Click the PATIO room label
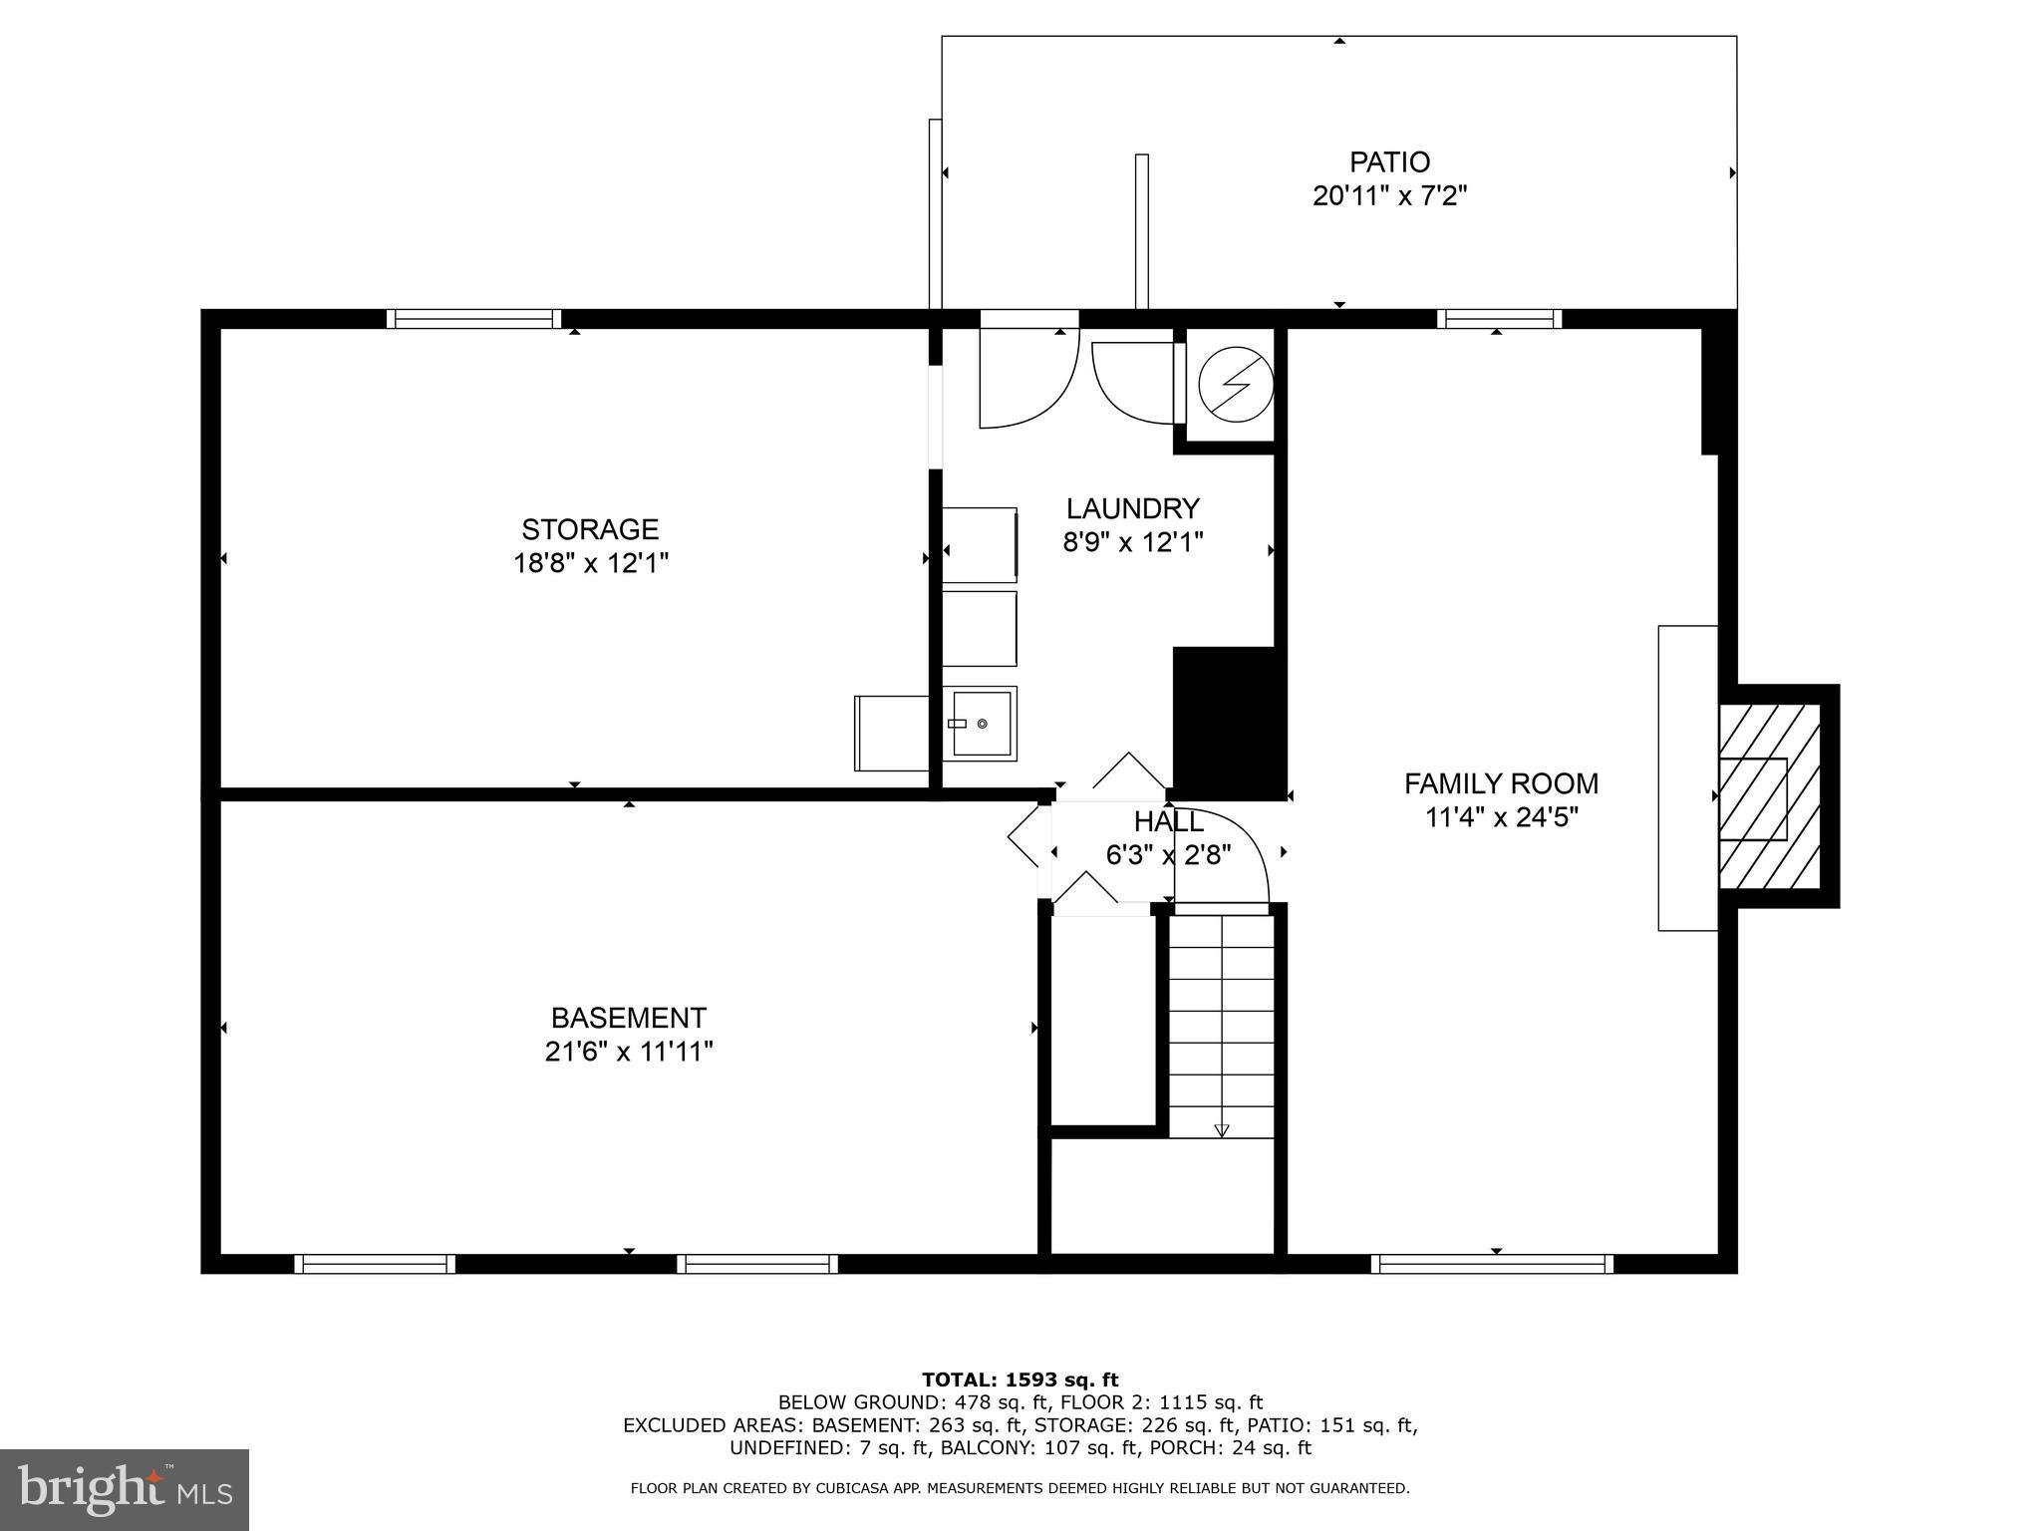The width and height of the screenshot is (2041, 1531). (x=1389, y=161)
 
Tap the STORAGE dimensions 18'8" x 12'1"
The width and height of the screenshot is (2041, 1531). (x=590, y=564)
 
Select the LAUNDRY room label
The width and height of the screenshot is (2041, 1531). (x=1132, y=509)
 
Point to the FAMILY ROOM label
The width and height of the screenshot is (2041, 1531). (x=1501, y=783)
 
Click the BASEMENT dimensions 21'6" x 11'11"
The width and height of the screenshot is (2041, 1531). (x=629, y=1052)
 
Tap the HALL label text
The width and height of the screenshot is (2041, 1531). (x=1168, y=822)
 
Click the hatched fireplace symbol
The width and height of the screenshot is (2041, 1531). (x=1769, y=796)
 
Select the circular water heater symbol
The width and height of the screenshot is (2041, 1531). (x=1235, y=384)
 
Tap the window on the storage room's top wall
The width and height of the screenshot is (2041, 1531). (x=473, y=319)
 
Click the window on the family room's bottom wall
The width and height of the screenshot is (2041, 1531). (x=1492, y=1264)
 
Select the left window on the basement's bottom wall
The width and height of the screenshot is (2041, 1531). (x=375, y=1264)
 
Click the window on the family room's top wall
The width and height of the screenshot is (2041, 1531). (x=1499, y=319)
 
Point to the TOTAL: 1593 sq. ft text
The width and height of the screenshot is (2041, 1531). (x=1020, y=1379)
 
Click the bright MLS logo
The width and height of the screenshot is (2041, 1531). (x=124, y=1489)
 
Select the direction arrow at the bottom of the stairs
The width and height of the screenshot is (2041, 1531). (x=1222, y=1130)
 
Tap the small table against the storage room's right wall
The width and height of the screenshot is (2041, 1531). (x=891, y=733)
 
